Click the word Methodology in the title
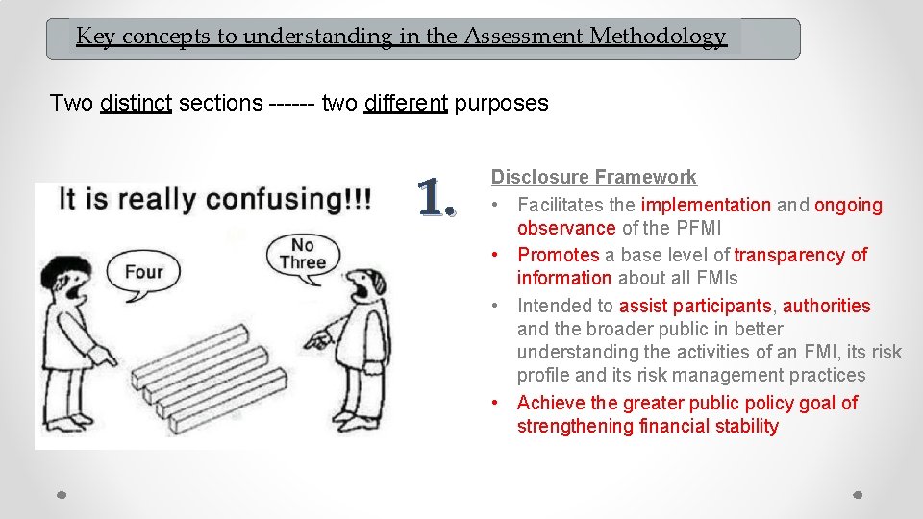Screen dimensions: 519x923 tap(658, 37)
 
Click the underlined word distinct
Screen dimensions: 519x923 tap(136, 103)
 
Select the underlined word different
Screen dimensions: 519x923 tap(406, 103)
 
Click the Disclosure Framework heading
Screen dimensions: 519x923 tap(593, 177)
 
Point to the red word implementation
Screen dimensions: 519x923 tap(706, 205)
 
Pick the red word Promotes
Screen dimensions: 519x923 tap(558, 255)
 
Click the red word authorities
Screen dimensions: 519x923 tap(826, 306)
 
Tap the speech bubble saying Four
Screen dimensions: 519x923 tap(143, 271)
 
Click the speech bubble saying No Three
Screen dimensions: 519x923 tap(303, 253)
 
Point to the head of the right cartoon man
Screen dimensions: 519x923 tap(367, 283)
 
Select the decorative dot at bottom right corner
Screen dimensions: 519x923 tap(858, 495)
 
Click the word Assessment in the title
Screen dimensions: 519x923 tap(525, 37)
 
